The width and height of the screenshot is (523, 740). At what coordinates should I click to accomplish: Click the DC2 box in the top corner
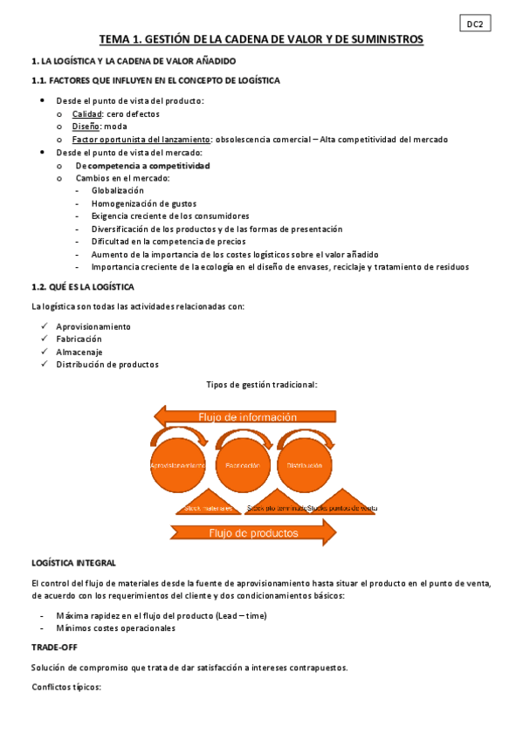(x=475, y=24)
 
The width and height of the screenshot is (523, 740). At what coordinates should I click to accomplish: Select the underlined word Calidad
(x=86, y=114)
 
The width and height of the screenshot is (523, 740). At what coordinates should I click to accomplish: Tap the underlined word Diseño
(x=86, y=127)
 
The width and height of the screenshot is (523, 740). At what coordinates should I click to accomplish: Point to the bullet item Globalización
(x=117, y=190)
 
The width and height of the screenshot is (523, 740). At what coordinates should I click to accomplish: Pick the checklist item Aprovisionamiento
(x=93, y=326)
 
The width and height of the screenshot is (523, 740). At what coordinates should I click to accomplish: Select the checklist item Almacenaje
(x=81, y=352)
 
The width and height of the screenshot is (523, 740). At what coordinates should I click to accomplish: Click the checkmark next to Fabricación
(x=45, y=339)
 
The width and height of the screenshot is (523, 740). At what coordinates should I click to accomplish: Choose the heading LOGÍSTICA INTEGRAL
(x=73, y=563)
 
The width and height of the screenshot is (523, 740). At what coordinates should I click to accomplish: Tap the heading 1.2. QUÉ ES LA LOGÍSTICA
(x=83, y=286)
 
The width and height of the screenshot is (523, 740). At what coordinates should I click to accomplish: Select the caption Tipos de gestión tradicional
(x=261, y=385)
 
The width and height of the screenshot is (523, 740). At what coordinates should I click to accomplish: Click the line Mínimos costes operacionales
(x=115, y=627)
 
